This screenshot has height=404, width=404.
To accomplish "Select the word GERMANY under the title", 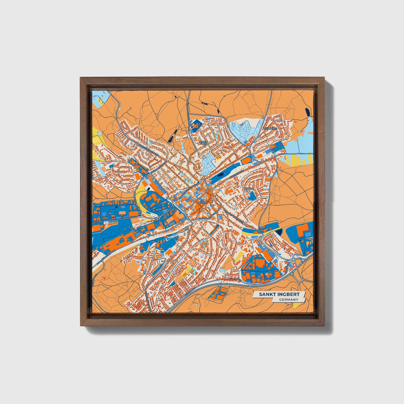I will click(x=288, y=300).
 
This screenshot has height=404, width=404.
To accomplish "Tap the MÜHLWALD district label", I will click(x=269, y=129).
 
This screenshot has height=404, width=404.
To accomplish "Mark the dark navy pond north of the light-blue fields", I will click(x=308, y=113).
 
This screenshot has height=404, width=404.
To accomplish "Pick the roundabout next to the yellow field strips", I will click(x=276, y=157).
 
